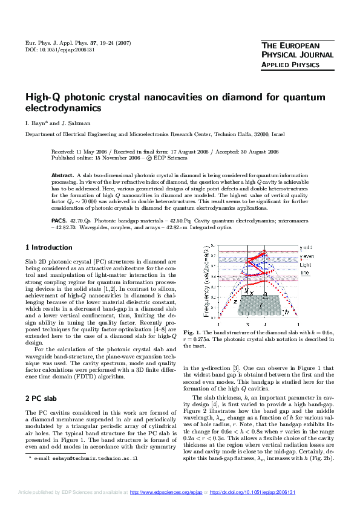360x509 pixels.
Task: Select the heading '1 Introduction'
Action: [x=49, y=247]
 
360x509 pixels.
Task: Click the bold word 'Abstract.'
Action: [x=62, y=174]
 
